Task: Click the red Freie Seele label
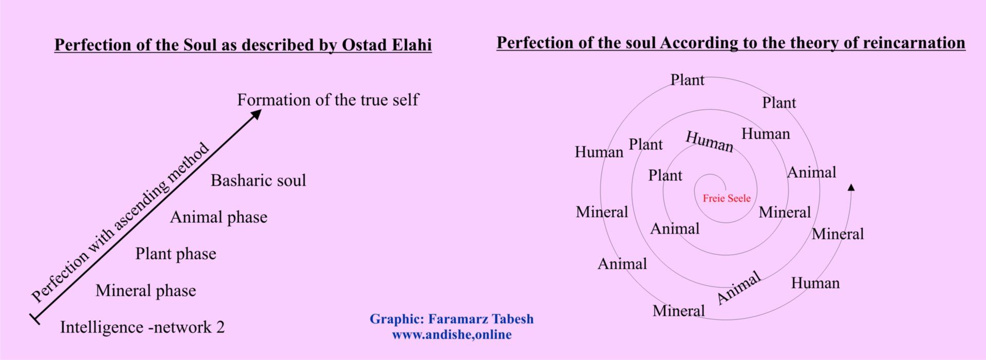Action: (x=727, y=198)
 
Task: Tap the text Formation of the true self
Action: (x=328, y=100)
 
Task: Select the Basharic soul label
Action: (x=258, y=180)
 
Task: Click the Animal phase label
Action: (x=219, y=217)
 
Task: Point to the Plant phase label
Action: (x=176, y=254)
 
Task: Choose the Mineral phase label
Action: (x=146, y=291)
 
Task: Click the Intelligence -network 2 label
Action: (x=142, y=327)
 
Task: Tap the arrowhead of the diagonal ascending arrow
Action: (x=256, y=115)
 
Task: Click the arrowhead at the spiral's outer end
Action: (x=851, y=187)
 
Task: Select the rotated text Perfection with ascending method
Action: (x=120, y=222)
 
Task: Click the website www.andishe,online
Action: (x=452, y=335)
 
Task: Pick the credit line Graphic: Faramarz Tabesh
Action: (x=452, y=319)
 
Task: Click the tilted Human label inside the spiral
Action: (x=710, y=142)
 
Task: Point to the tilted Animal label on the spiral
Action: (x=738, y=288)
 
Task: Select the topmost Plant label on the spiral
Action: (x=688, y=80)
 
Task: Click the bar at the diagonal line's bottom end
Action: (x=35, y=318)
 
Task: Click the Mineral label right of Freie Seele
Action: (x=785, y=212)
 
